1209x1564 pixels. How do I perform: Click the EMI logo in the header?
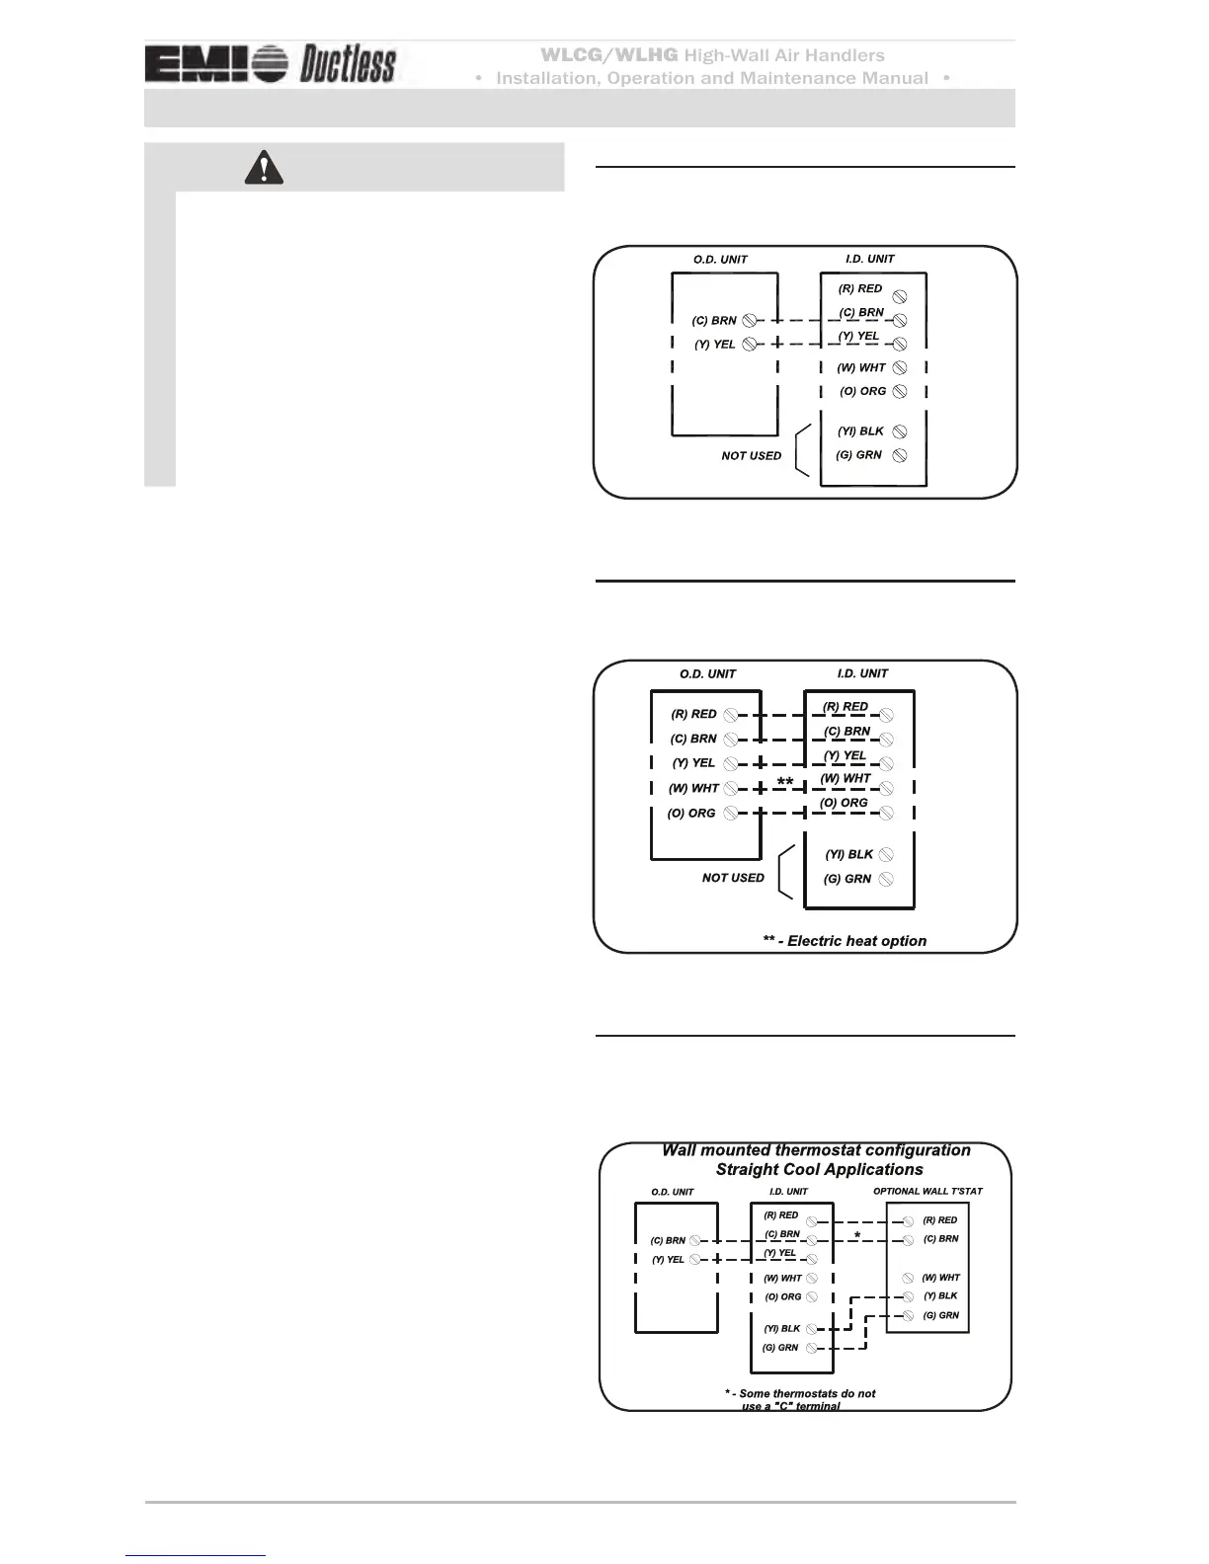point(216,65)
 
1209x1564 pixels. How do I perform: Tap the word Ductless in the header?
point(348,65)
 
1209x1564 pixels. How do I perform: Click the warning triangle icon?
point(264,169)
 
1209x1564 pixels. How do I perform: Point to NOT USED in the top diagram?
point(751,456)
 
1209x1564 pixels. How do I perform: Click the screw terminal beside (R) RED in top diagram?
point(900,296)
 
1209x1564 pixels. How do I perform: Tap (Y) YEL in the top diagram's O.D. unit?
point(714,345)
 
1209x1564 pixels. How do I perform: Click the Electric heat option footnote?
point(845,941)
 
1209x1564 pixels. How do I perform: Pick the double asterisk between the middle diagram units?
point(784,782)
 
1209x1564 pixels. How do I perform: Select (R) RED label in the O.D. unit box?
point(693,714)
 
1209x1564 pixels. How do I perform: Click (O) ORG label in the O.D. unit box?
point(690,814)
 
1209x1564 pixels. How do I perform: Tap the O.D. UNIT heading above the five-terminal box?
point(707,674)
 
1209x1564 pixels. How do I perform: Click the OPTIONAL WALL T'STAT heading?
point(927,1192)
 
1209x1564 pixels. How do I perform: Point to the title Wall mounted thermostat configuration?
point(816,1150)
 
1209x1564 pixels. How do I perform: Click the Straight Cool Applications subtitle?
point(819,1170)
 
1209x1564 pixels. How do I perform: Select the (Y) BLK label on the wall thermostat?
point(940,1296)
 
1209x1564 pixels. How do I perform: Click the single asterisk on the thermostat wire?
point(857,1236)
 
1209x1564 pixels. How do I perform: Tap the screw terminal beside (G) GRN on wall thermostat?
point(908,1316)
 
